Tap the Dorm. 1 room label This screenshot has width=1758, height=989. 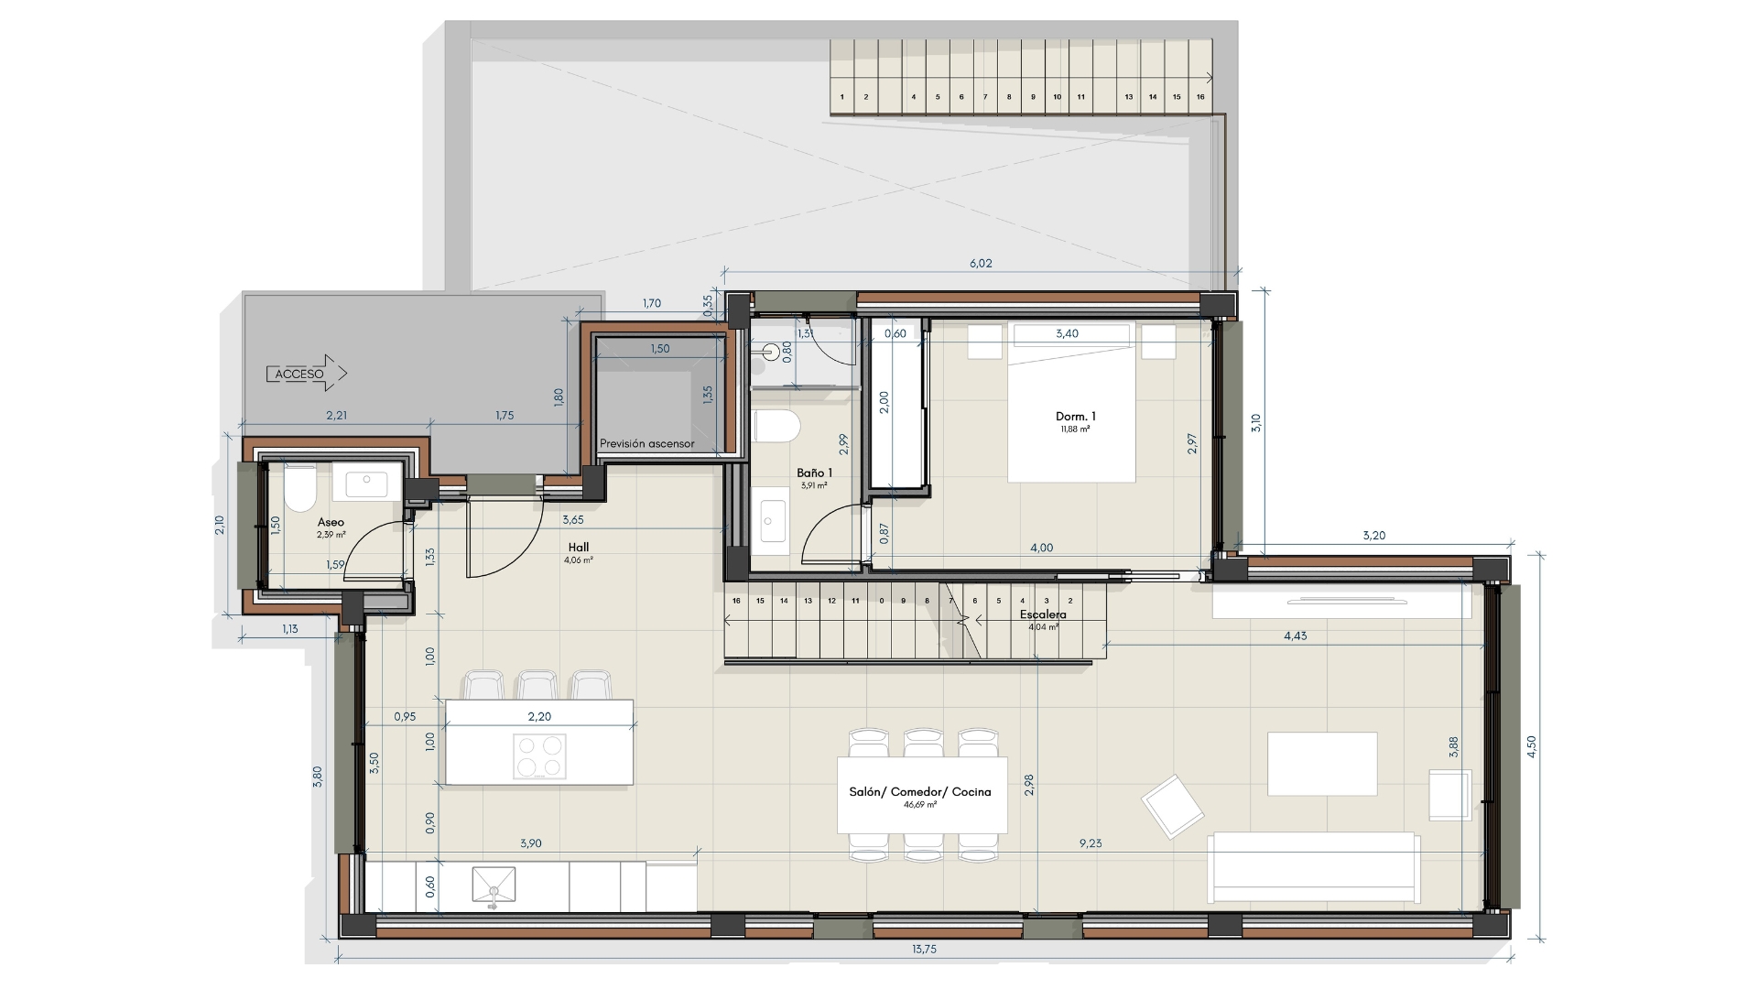pyautogui.click(x=1076, y=417)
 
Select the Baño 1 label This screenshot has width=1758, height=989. pyautogui.click(x=814, y=473)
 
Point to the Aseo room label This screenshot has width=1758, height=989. pyautogui.click(x=331, y=522)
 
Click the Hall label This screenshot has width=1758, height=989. pyautogui.click(x=578, y=548)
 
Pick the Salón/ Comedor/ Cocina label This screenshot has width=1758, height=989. pyautogui.click(x=920, y=792)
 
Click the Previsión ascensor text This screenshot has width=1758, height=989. pyautogui.click(x=646, y=443)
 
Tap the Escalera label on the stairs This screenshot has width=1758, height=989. pyautogui.click(x=1043, y=614)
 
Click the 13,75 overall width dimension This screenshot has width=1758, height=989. pyautogui.click(x=924, y=950)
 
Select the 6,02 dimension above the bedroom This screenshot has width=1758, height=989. pyautogui.click(x=981, y=264)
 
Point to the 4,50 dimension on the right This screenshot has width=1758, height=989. pyautogui.click(x=1531, y=747)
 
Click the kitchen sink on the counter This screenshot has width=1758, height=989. pyautogui.click(x=494, y=886)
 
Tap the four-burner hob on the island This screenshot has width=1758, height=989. pyautogui.click(x=539, y=756)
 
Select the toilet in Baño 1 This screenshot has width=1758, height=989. pyautogui.click(x=776, y=426)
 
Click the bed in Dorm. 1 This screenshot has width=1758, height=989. pyautogui.click(x=1071, y=403)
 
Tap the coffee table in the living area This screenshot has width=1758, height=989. pyautogui.click(x=1322, y=764)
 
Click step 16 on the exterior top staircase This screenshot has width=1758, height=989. pyautogui.click(x=1200, y=97)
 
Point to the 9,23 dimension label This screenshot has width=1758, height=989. pyautogui.click(x=1090, y=843)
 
